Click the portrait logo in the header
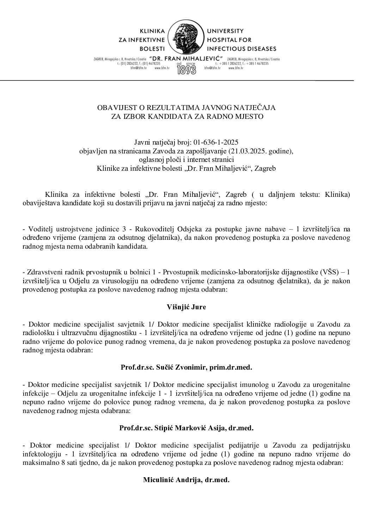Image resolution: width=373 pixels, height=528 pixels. tap(186, 38)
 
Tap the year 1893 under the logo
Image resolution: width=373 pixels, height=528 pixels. tap(186, 69)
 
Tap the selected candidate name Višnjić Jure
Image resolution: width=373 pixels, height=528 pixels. tap(186, 307)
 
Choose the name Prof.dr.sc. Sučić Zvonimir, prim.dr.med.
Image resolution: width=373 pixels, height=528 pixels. tap(186, 368)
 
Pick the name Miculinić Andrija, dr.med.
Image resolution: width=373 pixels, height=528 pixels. tap(186, 480)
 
